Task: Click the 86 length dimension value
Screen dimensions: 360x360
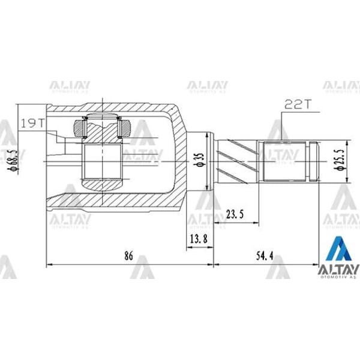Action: pyautogui.click(x=128, y=256)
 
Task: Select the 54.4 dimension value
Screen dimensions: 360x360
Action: pyautogui.click(x=265, y=256)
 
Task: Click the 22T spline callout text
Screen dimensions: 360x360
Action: pyautogui.click(x=295, y=104)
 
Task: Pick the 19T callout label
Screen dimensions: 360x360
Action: pyautogui.click(x=32, y=123)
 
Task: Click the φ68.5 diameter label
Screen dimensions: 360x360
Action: pyautogui.click(x=9, y=160)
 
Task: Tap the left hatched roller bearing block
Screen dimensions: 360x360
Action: pyautogui.click(x=80, y=127)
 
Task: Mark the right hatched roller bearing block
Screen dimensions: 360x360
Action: pyautogui.click(x=125, y=127)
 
